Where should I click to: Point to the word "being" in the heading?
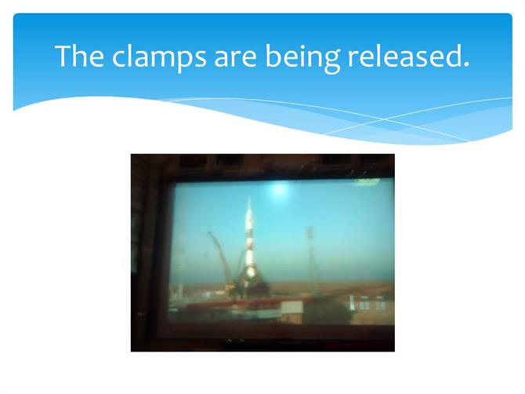tap(302, 57)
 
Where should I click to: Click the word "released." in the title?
tap(408, 56)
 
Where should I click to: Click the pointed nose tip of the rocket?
tap(248, 198)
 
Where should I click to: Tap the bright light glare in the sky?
tap(280, 190)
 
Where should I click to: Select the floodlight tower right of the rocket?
tap(310, 255)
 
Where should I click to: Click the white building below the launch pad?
tap(291, 311)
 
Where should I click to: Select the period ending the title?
tap(466, 64)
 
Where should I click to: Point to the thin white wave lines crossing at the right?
tap(385, 119)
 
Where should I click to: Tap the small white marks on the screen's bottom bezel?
tap(234, 341)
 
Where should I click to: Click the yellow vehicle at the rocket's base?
tap(230, 287)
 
